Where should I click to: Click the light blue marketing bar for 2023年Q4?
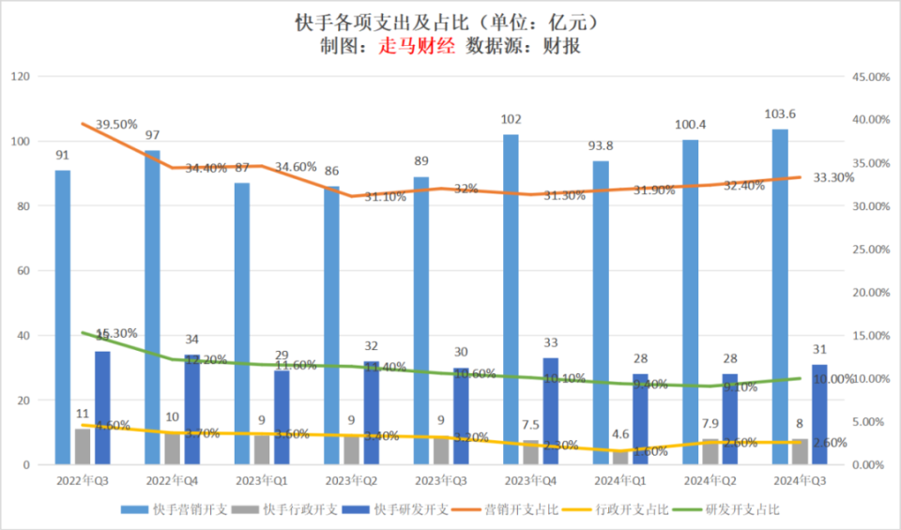(511, 300)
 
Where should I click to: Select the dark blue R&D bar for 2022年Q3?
(102, 408)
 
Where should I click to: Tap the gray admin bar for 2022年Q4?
(172, 448)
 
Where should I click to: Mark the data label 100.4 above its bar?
(690, 125)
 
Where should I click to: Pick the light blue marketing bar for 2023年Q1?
(241, 324)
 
